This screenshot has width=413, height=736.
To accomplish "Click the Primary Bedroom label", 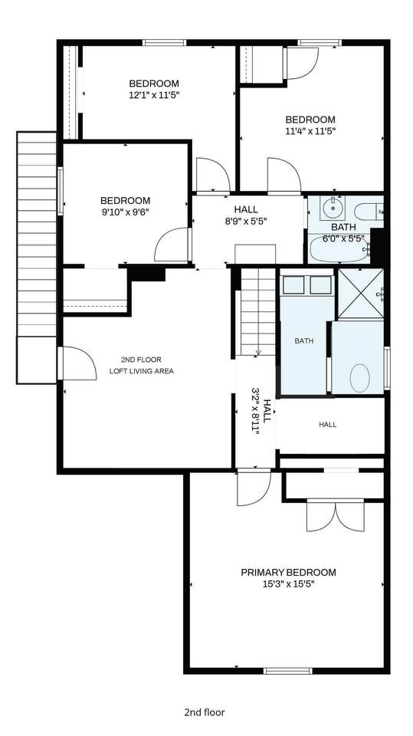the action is coord(288,573).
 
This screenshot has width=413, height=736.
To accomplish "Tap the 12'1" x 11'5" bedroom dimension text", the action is coord(154,95).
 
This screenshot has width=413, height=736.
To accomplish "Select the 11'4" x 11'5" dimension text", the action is coord(310,131).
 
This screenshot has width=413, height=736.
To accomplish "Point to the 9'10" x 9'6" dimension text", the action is coord(126,212).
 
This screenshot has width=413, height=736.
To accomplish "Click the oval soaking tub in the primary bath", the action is coord(359,378).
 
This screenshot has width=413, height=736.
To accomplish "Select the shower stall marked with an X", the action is coord(361,294).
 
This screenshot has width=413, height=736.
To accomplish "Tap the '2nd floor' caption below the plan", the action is coord(205,712).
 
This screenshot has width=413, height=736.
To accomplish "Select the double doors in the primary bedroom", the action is coord(335,515).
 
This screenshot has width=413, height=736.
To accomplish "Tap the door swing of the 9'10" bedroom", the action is coord(172,245).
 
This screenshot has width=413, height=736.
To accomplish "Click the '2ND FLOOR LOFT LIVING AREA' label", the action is coord(141,366).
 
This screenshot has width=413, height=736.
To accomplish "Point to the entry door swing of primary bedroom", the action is coord(254,488).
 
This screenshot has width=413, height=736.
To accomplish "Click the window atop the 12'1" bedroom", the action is coord(165,43).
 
